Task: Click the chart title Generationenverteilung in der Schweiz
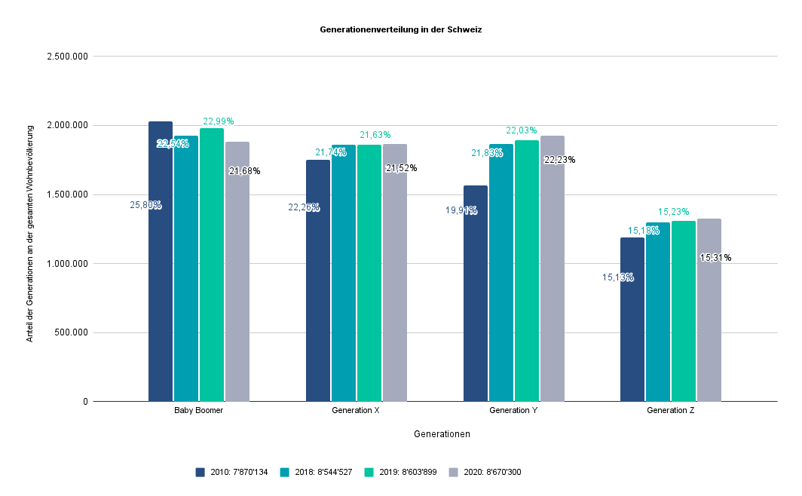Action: [x=400, y=30]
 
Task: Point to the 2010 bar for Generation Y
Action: [x=476, y=293]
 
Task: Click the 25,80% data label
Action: [x=145, y=205]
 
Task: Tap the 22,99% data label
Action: [x=218, y=121]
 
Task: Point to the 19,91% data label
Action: [x=461, y=211]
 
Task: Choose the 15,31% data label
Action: [x=715, y=258]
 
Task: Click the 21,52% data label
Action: [x=401, y=168]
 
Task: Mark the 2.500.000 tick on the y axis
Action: [x=67, y=57]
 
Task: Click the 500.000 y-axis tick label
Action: [x=72, y=332]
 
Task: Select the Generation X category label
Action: [x=356, y=411]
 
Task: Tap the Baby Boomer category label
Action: [x=198, y=411]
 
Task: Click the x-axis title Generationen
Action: [x=442, y=434]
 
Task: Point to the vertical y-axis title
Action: [x=30, y=229]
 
